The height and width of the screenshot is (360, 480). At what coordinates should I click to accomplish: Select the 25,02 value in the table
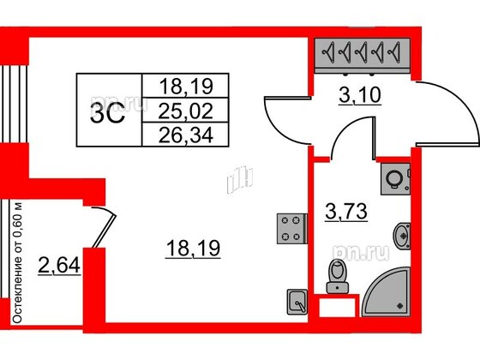185,111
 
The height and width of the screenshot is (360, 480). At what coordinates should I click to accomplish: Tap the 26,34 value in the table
185,135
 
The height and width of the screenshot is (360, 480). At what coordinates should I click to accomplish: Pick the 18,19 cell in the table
186,86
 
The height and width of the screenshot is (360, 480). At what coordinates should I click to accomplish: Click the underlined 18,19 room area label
193,249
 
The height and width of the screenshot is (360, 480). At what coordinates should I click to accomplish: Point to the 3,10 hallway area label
360,95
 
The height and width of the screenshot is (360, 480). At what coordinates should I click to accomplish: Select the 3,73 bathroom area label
346,212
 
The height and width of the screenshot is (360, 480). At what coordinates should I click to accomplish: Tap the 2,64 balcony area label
59,266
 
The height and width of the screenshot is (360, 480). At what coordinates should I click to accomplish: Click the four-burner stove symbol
291,229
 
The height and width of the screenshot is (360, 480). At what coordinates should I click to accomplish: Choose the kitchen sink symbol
297,302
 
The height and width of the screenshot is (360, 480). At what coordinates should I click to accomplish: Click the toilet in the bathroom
338,276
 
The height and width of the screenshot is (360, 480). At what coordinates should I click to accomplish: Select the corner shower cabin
387,292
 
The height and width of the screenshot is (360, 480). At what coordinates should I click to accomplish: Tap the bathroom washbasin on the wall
402,236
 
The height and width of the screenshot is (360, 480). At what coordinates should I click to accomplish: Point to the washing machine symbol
395,179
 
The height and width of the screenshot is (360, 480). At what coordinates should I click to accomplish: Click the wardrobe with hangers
363,56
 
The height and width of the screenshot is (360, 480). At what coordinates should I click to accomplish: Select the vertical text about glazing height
18,262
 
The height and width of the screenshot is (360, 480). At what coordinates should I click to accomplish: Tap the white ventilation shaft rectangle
337,307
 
